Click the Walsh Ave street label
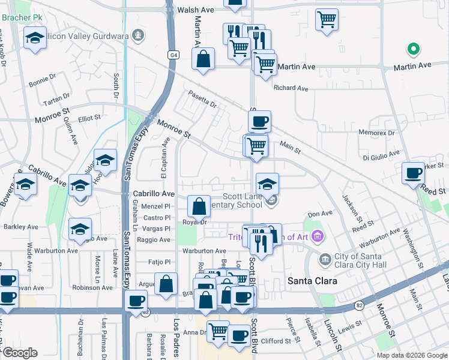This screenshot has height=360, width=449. pyautogui.click(x=196, y=10)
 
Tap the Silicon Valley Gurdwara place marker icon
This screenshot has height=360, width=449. pyautogui.click(x=139, y=36)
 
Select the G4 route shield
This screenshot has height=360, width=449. pyautogui.click(x=173, y=55)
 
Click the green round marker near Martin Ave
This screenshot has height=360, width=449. pyautogui.click(x=412, y=49)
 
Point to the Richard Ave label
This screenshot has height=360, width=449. pyautogui.click(x=291, y=88)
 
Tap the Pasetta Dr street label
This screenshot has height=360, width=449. pyautogui.click(x=202, y=99)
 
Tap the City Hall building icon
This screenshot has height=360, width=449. pyautogui.click(x=325, y=259)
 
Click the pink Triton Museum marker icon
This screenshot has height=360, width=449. pyautogui.click(x=317, y=236)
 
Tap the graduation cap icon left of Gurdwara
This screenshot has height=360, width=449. pyautogui.click(x=35, y=38)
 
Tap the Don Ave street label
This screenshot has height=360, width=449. pyautogui.click(x=319, y=214)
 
